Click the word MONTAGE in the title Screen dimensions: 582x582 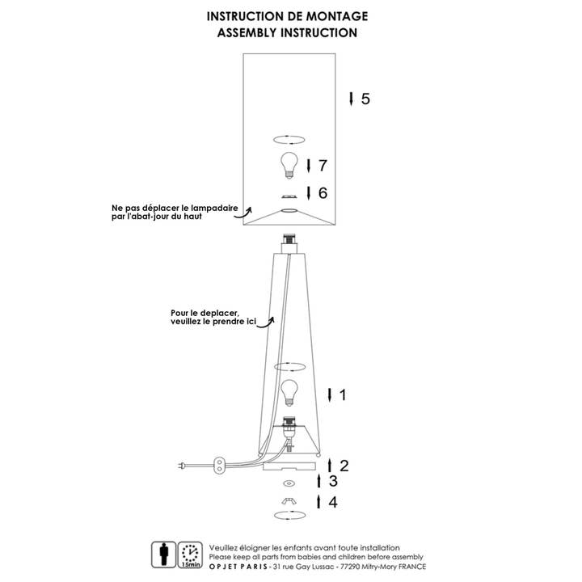tap(336, 16)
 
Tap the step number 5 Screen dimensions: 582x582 tap(365, 99)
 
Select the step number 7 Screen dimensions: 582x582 tap(323, 165)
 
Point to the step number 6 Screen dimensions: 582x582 tap(323, 193)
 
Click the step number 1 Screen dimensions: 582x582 tap(343, 394)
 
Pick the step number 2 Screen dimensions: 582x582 tap(344, 466)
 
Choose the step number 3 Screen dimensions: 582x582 tap(333, 481)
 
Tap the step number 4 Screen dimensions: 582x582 tap(333, 502)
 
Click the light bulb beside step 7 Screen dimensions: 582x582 tap(289, 166)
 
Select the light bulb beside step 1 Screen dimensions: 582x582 tap(289, 393)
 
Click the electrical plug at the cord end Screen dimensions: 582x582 tap(182, 465)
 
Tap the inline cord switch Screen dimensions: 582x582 tap(219, 466)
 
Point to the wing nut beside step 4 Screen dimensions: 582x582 tap(289, 501)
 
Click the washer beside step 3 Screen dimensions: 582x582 tap(289, 483)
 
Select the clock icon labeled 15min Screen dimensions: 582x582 tap(190, 555)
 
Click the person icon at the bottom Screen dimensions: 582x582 tap(163, 555)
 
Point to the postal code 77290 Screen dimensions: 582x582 tap(350, 567)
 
